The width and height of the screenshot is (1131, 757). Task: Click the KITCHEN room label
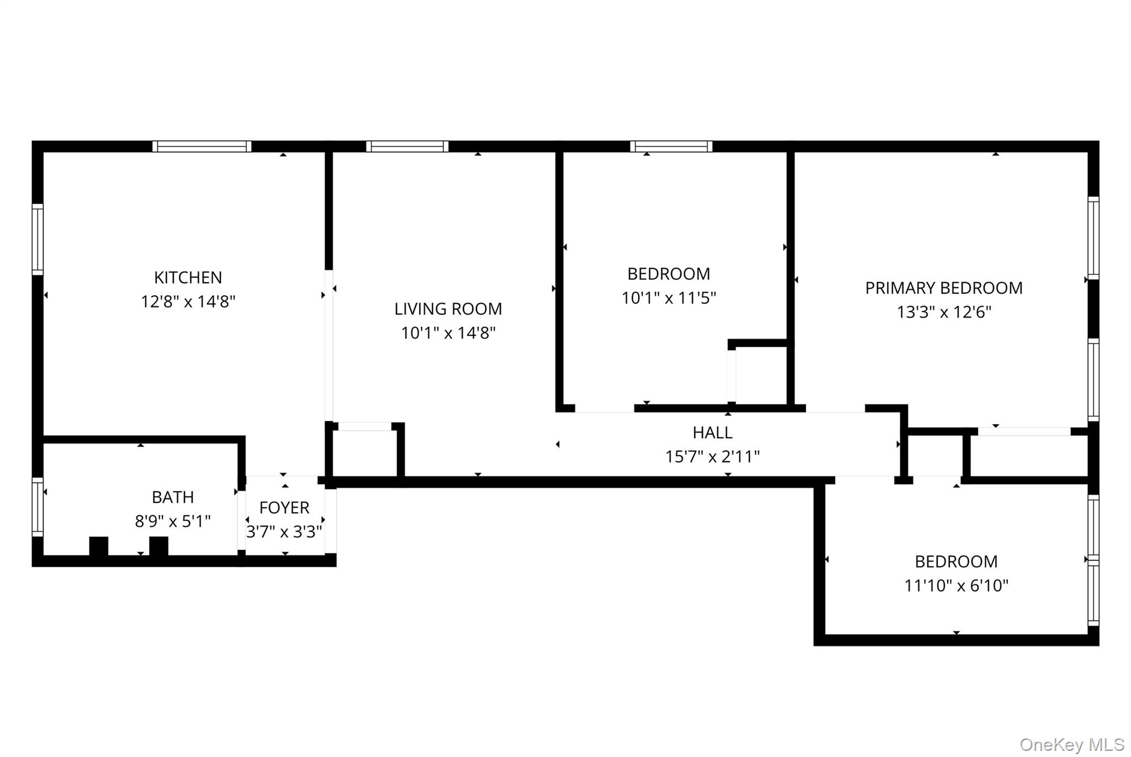tap(188, 277)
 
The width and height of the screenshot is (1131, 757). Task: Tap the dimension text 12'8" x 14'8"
tap(188, 302)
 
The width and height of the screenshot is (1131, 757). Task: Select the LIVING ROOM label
tap(448, 309)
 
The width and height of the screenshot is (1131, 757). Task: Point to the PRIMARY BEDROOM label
tap(943, 288)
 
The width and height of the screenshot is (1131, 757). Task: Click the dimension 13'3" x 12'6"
tap(943, 313)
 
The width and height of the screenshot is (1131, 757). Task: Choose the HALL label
tap(712, 432)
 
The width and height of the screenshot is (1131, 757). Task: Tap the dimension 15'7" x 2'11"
tap(712, 457)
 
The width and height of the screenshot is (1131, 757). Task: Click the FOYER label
tap(284, 507)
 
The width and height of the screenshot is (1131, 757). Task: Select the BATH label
tap(172, 497)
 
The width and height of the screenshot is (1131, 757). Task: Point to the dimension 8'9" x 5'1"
tap(172, 521)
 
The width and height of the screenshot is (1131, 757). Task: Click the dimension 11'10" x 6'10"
tap(956, 585)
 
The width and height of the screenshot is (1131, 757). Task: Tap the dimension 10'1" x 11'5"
tap(668, 298)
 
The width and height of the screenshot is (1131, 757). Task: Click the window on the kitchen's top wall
tap(202, 146)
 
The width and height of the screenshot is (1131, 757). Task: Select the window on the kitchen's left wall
tap(38, 239)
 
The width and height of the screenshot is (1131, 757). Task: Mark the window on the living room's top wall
tap(407, 146)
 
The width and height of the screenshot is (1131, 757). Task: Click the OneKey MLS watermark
tap(1071, 745)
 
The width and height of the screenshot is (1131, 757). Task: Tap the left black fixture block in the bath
tap(99, 546)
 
